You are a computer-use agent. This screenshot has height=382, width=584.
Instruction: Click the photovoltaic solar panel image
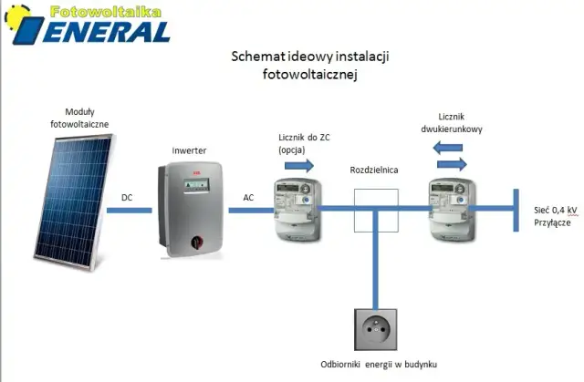(x=75, y=202)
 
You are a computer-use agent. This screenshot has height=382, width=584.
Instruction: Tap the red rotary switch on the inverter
(x=197, y=243)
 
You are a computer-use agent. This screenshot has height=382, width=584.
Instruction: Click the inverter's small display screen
(x=196, y=184)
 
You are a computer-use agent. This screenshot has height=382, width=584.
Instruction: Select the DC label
(x=127, y=198)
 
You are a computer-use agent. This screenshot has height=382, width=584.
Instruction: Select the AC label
(x=248, y=198)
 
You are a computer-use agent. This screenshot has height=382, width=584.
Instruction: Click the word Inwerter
(x=189, y=150)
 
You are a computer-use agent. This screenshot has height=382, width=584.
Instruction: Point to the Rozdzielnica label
(x=374, y=170)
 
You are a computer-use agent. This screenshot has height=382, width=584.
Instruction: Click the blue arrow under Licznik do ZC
(x=299, y=165)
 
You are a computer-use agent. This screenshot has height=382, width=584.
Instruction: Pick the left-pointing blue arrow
(x=448, y=148)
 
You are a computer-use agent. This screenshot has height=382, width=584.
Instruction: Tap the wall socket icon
(x=375, y=329)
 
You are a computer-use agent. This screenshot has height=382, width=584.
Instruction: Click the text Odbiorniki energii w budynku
(x=379, y=364)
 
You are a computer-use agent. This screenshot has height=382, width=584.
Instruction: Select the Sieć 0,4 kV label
(x=556, y=211)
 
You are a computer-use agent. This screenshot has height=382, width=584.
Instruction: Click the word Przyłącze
(x=552, y=222)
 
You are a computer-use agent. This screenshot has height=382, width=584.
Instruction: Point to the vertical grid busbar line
(x=516, y=211)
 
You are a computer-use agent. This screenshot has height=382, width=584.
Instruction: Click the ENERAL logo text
(x=107, y=32)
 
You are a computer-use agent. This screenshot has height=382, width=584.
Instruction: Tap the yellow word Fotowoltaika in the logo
(x=106, y=12)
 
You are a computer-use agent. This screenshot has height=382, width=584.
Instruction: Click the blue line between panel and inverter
(x=130, y=211)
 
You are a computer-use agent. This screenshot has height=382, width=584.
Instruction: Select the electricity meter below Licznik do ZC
(x=297, y=210)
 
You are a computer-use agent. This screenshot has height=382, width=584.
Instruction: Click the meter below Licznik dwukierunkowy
(x=453, y=210)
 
